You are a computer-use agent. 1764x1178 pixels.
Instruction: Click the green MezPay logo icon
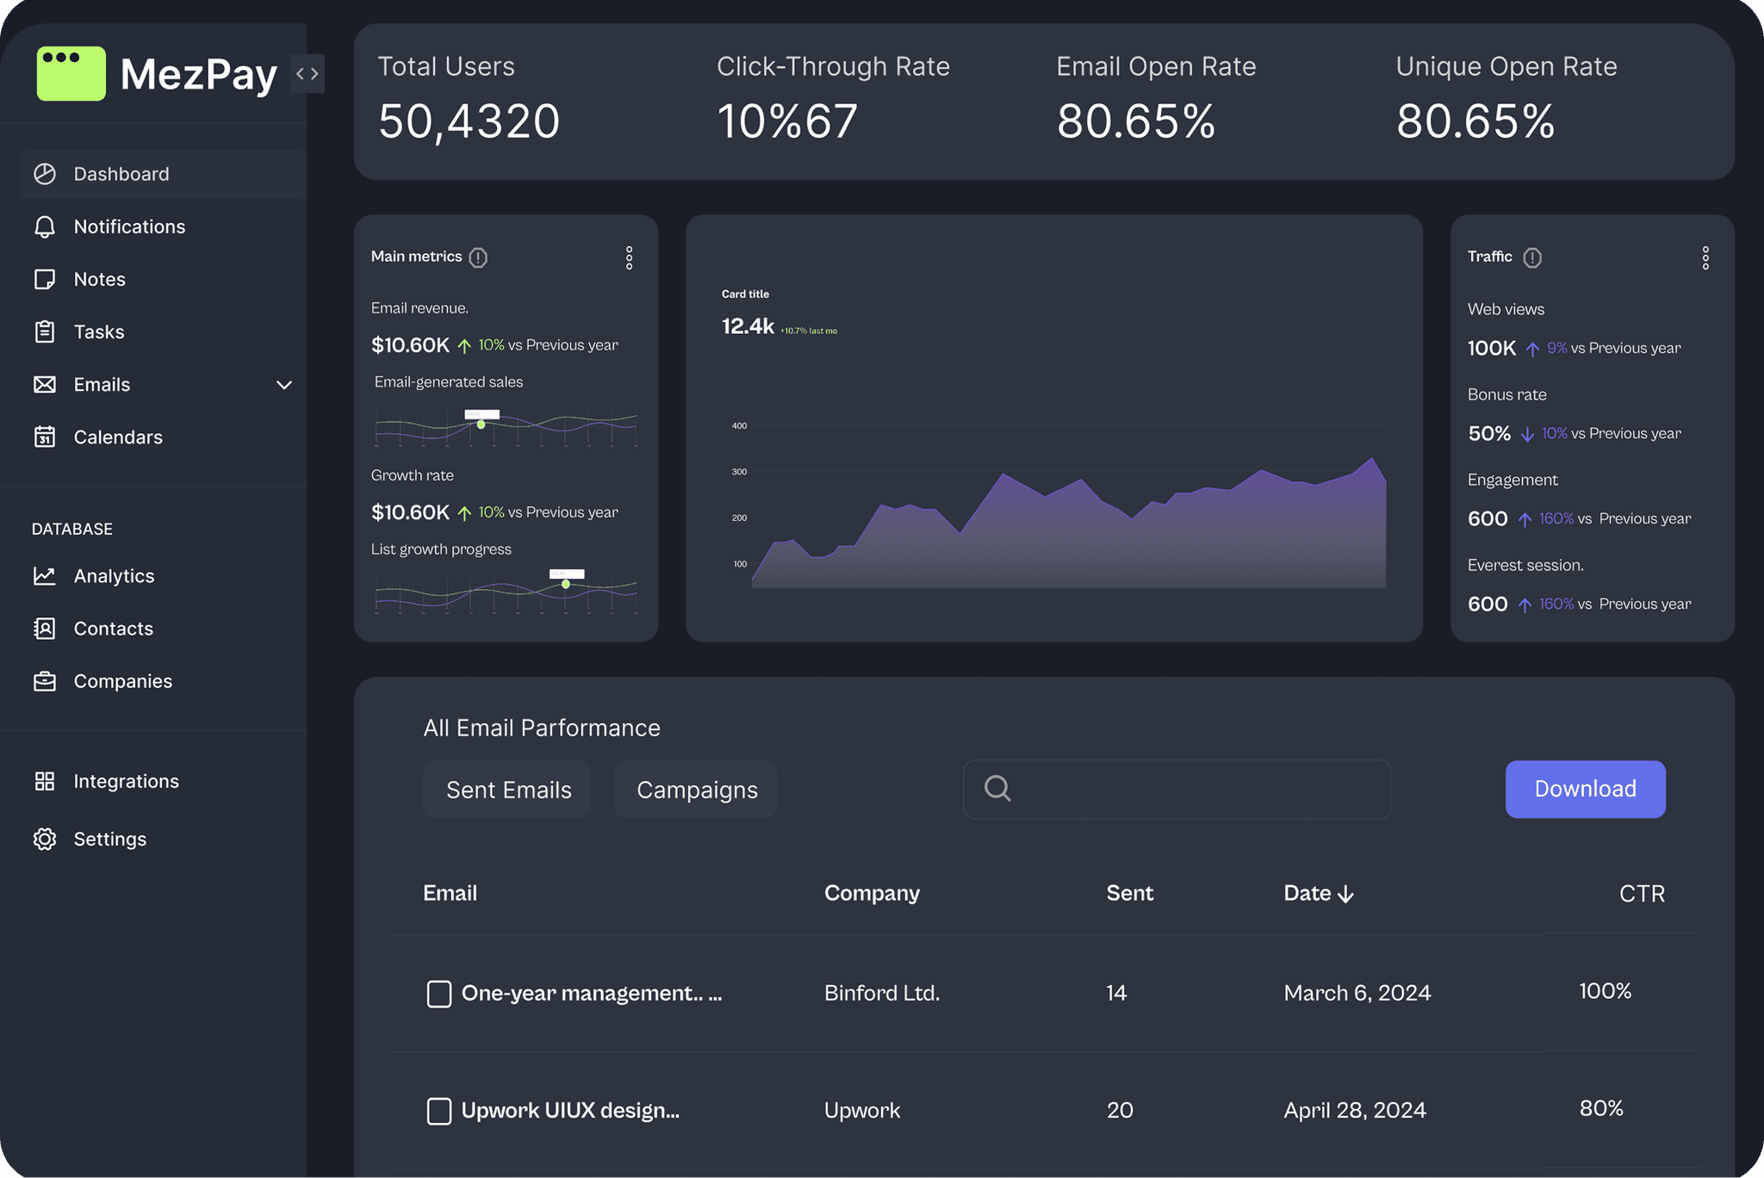[71, 73]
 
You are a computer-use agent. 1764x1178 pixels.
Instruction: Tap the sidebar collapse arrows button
[307, 73]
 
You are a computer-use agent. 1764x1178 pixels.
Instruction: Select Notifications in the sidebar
[129, 226]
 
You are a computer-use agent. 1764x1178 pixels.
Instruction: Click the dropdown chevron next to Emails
[284, 385]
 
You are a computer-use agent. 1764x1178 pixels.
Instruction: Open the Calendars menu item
[118, 437]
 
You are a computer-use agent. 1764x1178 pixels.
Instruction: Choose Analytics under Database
[114, 576]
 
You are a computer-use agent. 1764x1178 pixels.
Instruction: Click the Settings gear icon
[45, 839]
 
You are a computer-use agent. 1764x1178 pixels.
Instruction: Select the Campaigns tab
[696, 790]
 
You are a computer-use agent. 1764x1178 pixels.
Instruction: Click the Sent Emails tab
[508, 790]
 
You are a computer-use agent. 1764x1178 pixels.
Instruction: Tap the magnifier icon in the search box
[997, 788]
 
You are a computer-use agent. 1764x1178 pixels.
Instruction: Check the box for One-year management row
[439, 994]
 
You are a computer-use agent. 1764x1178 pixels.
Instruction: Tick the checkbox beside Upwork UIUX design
[439, 1111]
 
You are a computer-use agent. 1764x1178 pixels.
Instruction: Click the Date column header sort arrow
[1346, 895]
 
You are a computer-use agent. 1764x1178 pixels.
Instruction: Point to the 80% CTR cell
[1600, 1108]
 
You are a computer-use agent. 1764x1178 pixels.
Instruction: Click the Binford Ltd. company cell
[881, 993]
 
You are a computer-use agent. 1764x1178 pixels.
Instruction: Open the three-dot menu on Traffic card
[1705, 257]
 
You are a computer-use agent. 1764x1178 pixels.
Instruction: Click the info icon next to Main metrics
[478, 257]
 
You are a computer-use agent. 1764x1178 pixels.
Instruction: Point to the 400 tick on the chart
[739, 425]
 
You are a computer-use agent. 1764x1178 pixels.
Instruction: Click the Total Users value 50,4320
[469, 121]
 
